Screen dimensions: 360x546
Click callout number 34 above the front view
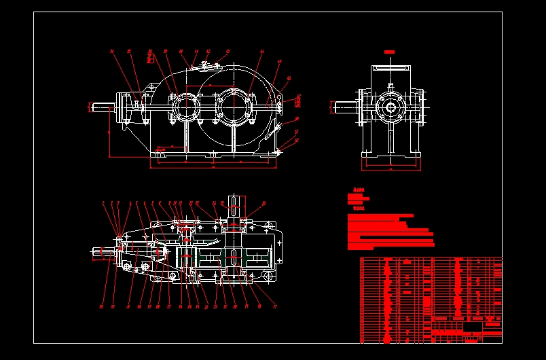pyautogui.click(x=112, y=51)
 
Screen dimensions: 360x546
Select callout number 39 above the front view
pyautogui.click(x=165, y=51)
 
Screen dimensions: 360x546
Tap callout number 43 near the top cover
pyautogui.click(x=227, y=51)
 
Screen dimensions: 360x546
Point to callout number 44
pyautogui.click(x=262, y=51)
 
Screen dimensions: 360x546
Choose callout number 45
pyautogui.click(x=279, y=62)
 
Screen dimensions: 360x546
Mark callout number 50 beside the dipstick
pyautogui.click(x=297, y=119)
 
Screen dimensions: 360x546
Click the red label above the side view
pyautogui.click(x=390, y=52)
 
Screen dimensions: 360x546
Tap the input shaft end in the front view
pyautogui.click(x=101, y=107)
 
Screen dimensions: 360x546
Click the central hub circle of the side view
pyautogui.click(x=390, y=107)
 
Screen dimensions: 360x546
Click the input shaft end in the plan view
pyautogui.click(x=102, y=253)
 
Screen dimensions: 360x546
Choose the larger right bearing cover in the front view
pyautogui.click(x=235, y=107)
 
